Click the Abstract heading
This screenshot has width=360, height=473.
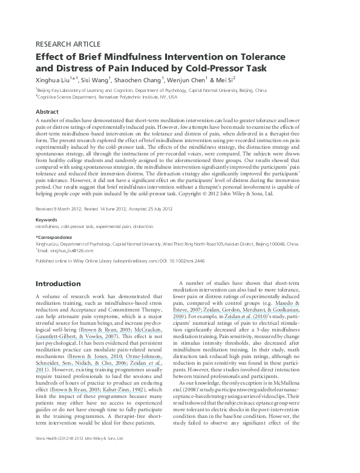click(47, 112)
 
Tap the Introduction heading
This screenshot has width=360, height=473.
click(62, 284)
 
